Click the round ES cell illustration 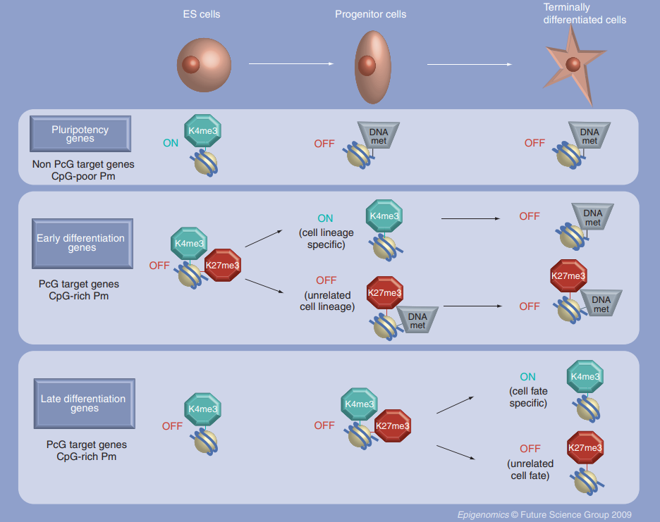[204, 66]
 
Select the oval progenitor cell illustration [372, 68]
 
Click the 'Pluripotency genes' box [80, 134]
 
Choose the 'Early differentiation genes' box [82, 244]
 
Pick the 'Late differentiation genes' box [84, 404]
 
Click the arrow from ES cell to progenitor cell [291, 64]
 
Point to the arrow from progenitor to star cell [470, 64]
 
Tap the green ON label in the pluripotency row [171, 143]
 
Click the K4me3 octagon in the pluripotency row [203, 130]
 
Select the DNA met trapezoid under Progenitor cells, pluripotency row [379, 135]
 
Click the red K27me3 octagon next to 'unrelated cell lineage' [385, 293]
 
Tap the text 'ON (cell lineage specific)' [326, 231]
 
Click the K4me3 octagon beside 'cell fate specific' [585, 376]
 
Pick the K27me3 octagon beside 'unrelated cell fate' [585, 447]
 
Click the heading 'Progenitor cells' [370, 14]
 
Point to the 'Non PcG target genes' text [83, 164]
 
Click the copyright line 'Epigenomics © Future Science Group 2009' [544, 514]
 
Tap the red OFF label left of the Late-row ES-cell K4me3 [172, 426]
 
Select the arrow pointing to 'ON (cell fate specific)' [455, 405]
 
